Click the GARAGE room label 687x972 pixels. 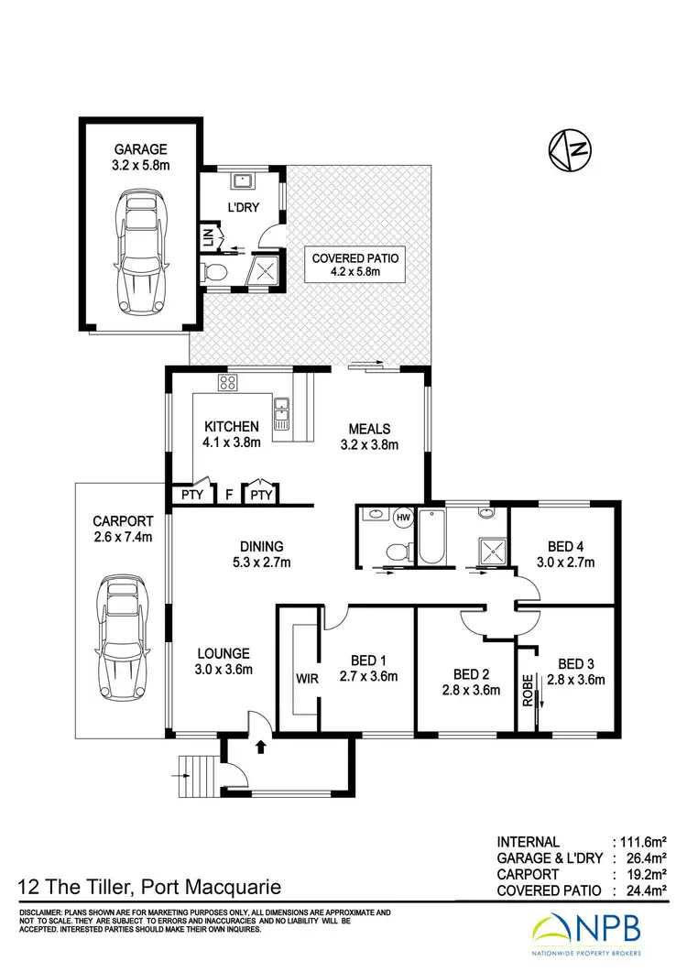pyautogui.click(x=141, y=149)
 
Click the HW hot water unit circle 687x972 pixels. pyautogui.click(x=403, y=517)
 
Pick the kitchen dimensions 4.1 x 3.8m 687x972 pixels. pyautogui.click(x=232, y=442)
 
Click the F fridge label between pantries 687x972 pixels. pyautogui.click(x=228, y=496)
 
